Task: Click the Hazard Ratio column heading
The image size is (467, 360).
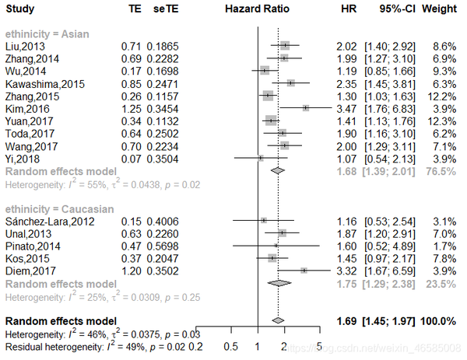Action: tap(256, 10)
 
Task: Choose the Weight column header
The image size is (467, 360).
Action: tap(439, 10)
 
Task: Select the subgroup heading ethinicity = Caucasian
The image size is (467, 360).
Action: tap(55, 209)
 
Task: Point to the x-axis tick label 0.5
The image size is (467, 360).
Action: tap(230, 345)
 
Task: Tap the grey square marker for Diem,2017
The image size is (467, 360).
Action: tap(304, 271)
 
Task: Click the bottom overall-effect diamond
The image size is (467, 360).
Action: tap(276, 320)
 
